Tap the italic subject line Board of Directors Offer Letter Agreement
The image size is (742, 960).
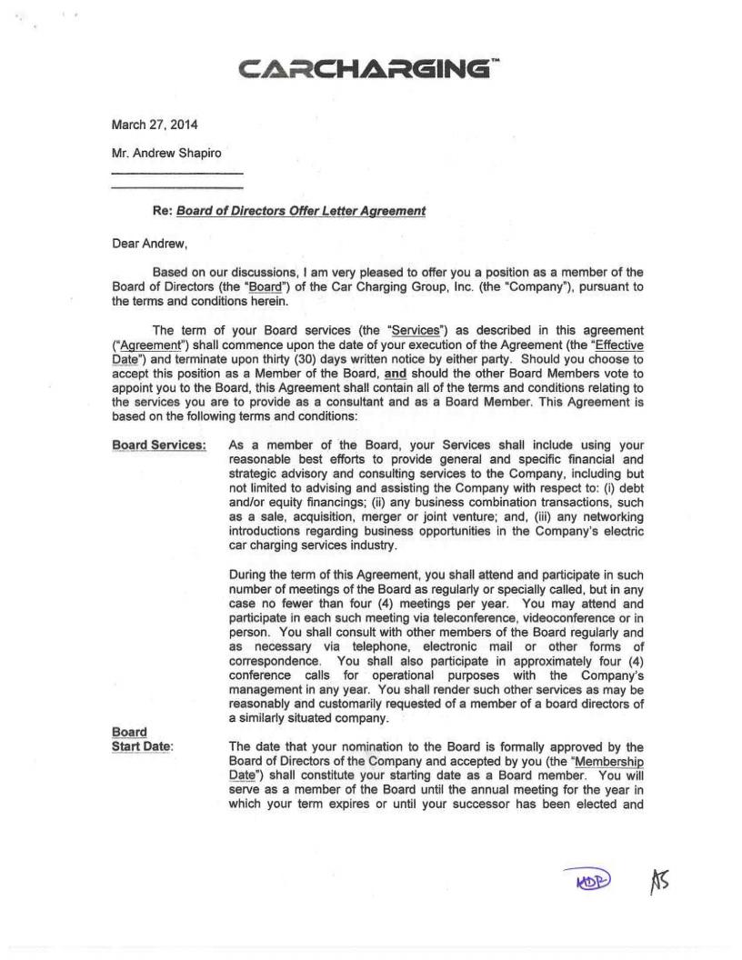pyautogui.click(x=301, y=211)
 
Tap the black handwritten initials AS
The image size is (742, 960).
pyautogui.click(x=659, y=878)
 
